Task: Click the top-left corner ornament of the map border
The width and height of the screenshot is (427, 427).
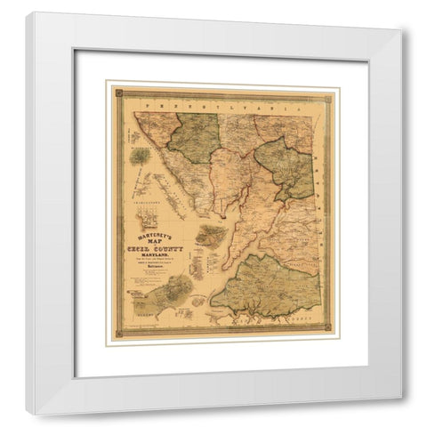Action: click(x=115, y=91)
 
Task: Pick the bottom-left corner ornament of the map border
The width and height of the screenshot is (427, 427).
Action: click(x=115, y=337)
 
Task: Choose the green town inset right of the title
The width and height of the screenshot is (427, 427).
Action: click(x=210, y=236)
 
